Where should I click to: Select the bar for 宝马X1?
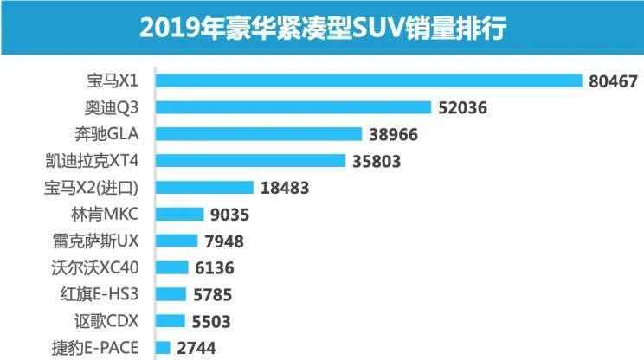[x=370, y=80]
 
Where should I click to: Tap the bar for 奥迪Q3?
[x=295, y=107]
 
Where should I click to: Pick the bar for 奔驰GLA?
[x=261, y=134]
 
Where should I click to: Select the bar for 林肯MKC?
[x=181, y=215]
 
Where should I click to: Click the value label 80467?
[x=612, y=81]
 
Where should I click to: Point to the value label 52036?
[x=463, y=108]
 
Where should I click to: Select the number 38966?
[x=394, y=135]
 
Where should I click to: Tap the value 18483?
[x=285, y=189]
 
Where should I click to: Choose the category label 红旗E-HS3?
[x=105, y=295]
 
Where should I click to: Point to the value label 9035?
[x=230, y=215]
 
